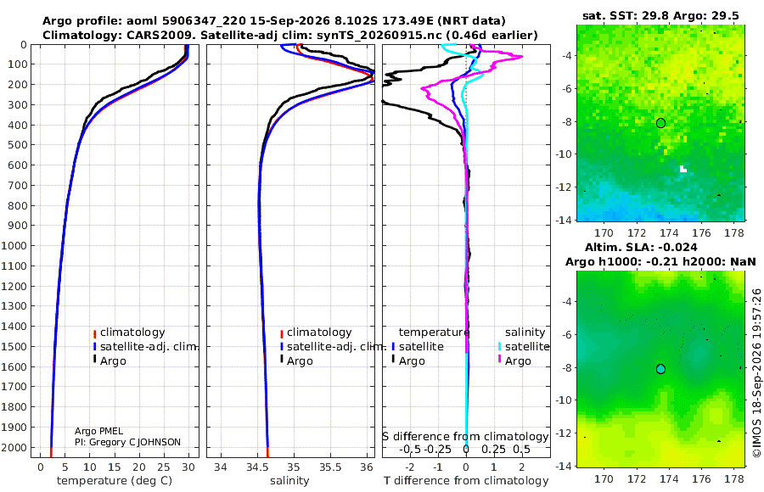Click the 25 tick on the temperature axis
[x=164, y=467]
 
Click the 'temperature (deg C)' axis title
[x=115, y=481]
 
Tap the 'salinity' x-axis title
[x=289, y=481]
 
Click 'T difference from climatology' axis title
[x=466, y=481]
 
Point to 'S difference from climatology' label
[x=465, y=437]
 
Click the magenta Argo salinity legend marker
[x=499, y=360]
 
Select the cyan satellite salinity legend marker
[x=499, y=346]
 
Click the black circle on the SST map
[x=660, y=123]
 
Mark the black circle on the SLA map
[x=660, y=369]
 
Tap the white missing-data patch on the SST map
[x=683, y=169]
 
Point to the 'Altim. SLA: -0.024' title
[x=641, y=248]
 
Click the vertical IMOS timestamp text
[x=756, y=372]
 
